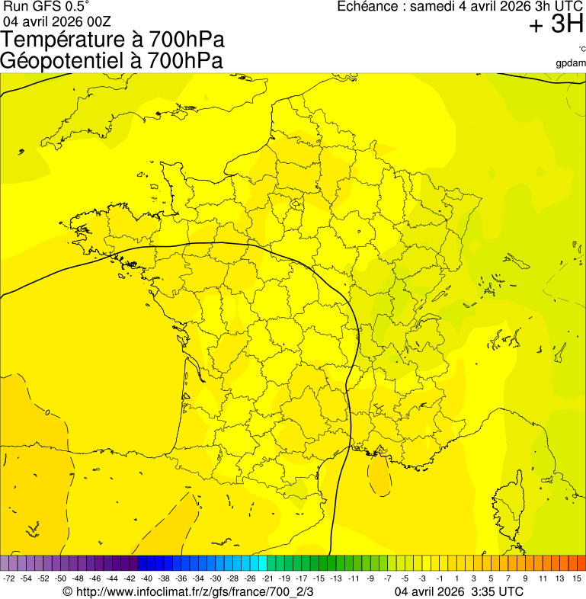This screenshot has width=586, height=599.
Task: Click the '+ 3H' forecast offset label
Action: coord(556,25)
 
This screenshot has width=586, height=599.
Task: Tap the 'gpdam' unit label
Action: coord(571,62)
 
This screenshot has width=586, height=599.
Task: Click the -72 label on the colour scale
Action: coord(9,579)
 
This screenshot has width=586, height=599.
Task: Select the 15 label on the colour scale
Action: coord(577,579)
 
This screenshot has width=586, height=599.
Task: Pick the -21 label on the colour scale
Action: coord(267,579)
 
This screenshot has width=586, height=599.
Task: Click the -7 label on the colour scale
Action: coord(388,579)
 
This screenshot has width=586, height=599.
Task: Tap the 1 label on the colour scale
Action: coord(456,579)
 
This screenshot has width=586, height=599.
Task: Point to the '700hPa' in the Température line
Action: coord(178,40)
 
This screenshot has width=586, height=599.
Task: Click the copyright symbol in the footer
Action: coord(67,591)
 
